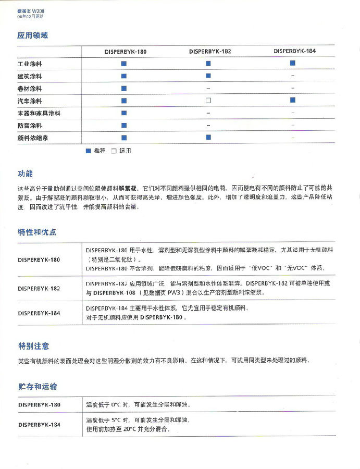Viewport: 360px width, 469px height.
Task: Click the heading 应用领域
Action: [33, 35]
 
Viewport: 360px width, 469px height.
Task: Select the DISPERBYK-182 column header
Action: [210, 52]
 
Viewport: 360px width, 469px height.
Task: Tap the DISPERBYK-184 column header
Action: [294, 51]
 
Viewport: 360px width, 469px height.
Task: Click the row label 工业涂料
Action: [30, 64]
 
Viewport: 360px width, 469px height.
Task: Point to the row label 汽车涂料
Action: [30, 101]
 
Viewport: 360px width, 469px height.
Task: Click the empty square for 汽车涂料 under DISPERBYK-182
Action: [208, 100]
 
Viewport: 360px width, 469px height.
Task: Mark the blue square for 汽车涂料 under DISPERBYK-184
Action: [293, 100]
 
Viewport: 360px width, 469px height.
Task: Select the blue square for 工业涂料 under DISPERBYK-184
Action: [293, 63]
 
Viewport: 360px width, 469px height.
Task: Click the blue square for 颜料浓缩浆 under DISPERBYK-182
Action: [208, 138]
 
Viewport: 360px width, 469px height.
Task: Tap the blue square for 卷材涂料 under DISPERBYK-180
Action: [124, 88]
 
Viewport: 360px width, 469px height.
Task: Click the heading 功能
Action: [25, 174]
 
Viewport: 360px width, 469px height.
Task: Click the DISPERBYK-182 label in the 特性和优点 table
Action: [39, 288]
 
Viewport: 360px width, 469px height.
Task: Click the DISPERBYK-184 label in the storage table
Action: [39, 425]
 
